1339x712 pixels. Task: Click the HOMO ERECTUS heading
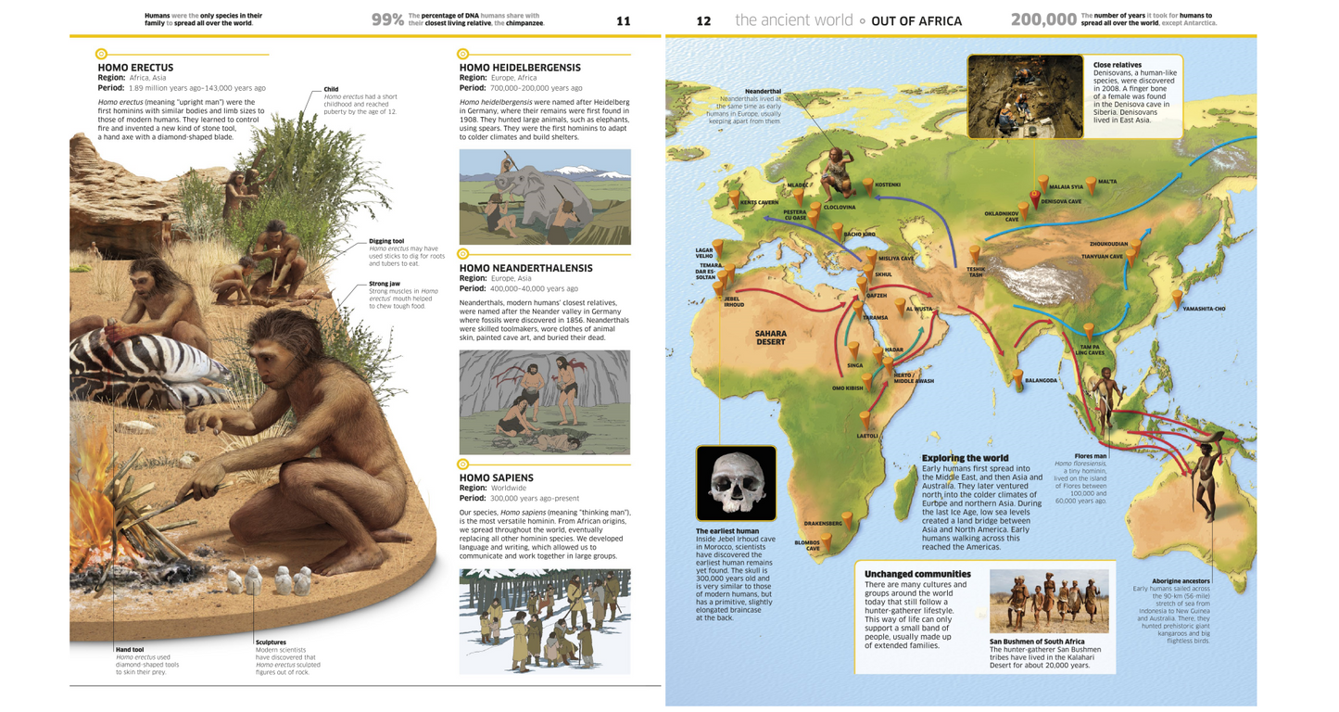pos(135,68)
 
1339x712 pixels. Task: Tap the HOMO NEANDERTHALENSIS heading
pos(526,268)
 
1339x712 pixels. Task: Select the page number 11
pos(623,20)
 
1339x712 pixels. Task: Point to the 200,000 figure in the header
pos(1042,19)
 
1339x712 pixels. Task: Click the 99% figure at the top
pos(387,19)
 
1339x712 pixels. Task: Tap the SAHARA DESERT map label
pos(770,337)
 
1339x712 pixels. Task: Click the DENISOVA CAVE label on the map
pos(1061,201)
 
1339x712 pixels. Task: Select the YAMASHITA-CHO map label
pos(1204,309)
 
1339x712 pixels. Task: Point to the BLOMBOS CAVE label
pos(806,545)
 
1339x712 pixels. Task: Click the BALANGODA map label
pos(1041,380)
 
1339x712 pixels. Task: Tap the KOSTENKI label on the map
pos(887,184)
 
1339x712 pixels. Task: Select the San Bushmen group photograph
pos(1048,601)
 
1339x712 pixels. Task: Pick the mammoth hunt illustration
pos(545,197)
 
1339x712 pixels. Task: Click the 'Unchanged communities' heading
pos(917,574)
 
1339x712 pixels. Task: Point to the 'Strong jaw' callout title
pos(385,284)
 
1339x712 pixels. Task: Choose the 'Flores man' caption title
pos(1090,456)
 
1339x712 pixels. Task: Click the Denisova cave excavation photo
pos(1024,96)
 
